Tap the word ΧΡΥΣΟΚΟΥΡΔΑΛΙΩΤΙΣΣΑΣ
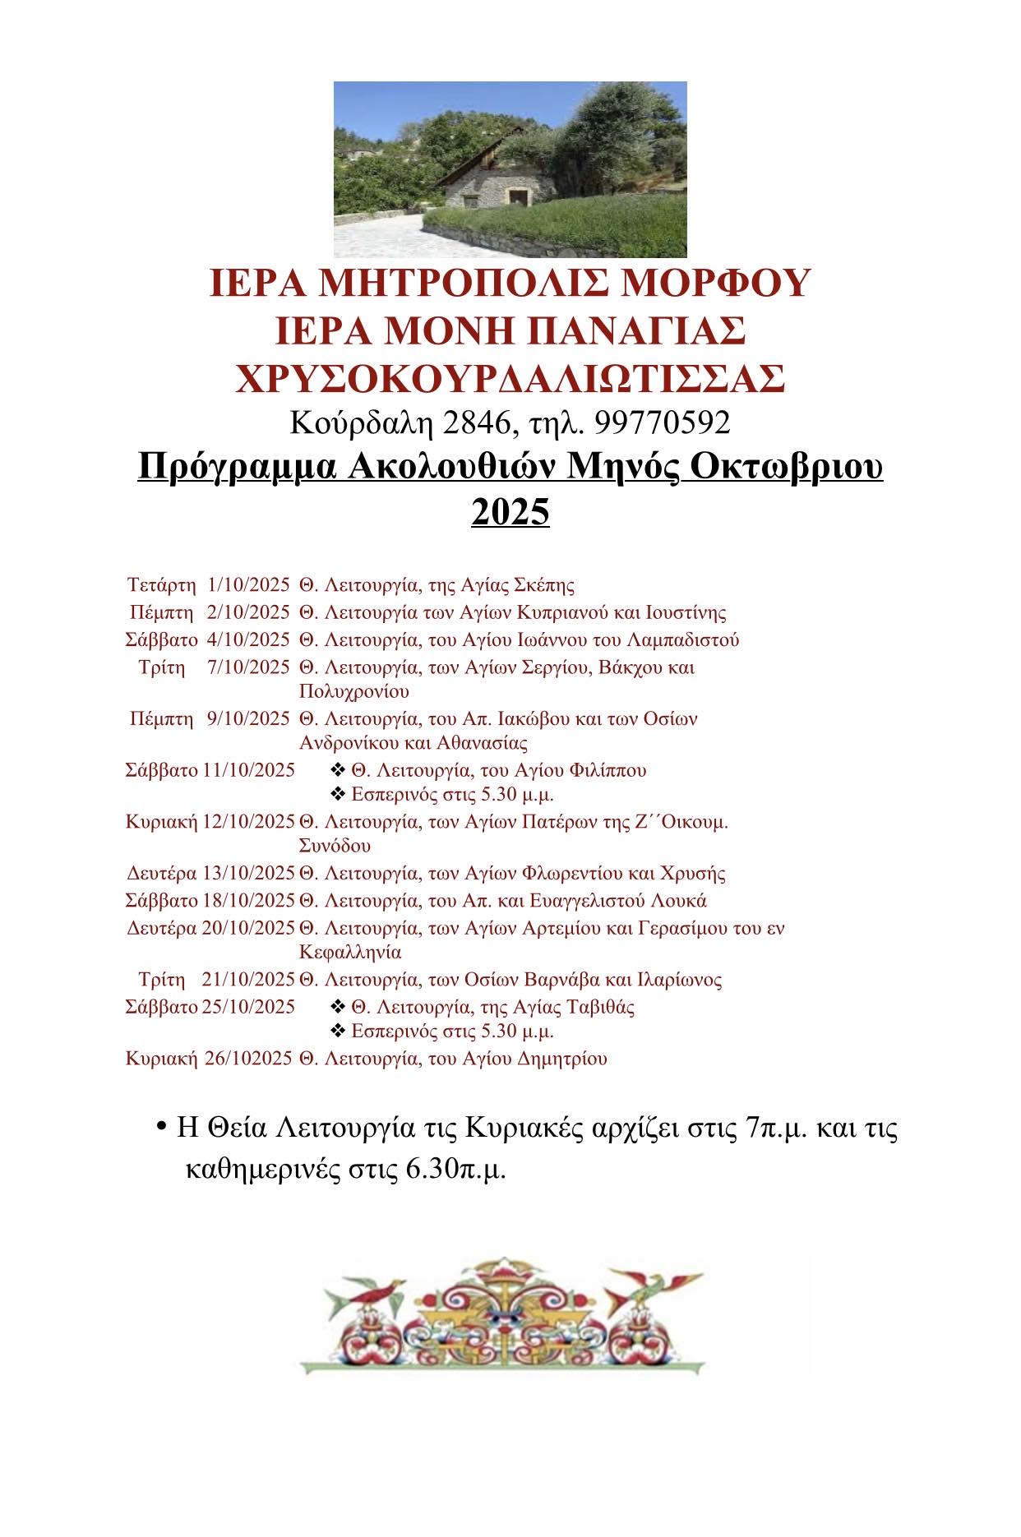[x=510, y=379]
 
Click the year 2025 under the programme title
[x=510, y=512]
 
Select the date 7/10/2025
[x=249, y=667]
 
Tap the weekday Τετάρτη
[x=162, y=585]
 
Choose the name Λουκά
[x=682, y=900]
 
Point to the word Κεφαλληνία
[x=351, y=953]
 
